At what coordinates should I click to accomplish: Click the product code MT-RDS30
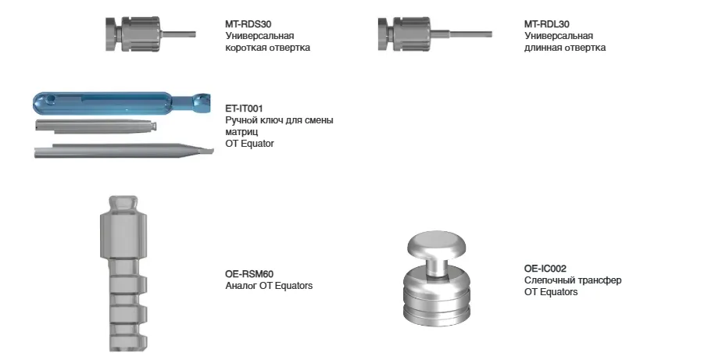click(x=249, y=24)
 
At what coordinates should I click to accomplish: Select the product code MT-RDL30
click(x=547, y=24)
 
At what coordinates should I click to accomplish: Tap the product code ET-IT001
click(x=244, y=109)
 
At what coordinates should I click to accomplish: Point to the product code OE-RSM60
click(x=249, y=274)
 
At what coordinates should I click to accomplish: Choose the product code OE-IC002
click(x=545, y=269)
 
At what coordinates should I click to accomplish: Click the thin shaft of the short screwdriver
click(x=178, y=34)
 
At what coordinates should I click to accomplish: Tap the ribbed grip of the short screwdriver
click(x=140, y=34)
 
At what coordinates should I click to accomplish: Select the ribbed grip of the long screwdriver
click(x=413, y=34)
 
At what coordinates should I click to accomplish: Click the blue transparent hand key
click(x=122, y=104)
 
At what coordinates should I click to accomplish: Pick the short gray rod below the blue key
click(x=96, y=126)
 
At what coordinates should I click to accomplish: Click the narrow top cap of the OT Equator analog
click(x=124, y=204)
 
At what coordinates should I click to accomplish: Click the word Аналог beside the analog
click(x=241, y=286)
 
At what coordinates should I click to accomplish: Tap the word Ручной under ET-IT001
click(x=240, y=120)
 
